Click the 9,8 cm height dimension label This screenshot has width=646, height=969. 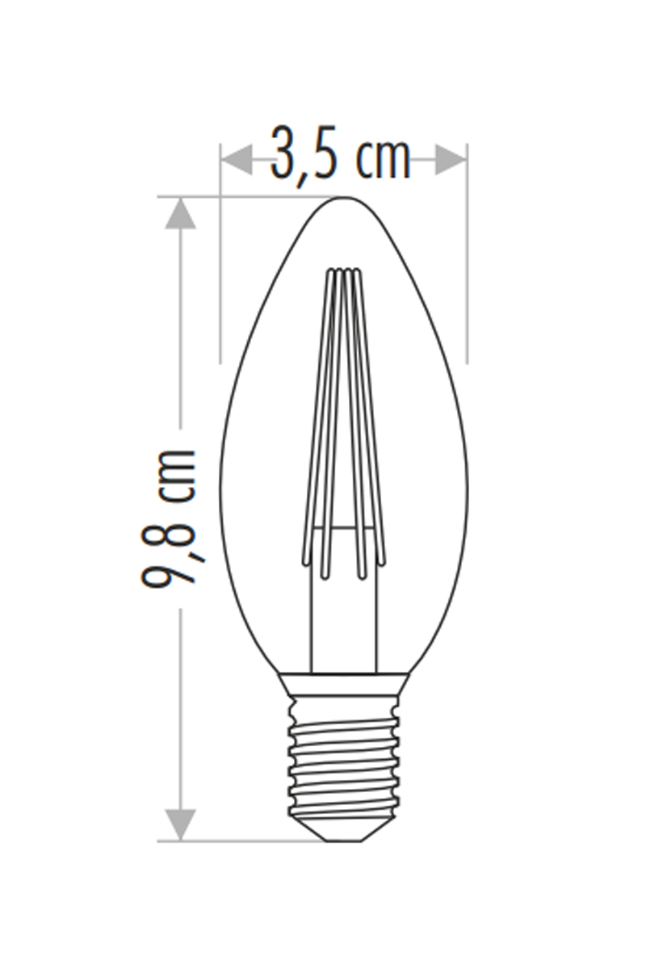click(x=171, y=517)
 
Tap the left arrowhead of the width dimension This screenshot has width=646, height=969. click(x=236, y=160)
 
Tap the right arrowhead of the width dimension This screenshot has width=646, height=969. click(x=451, y=160)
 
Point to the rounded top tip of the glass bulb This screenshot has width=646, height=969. click(x=344, y=199)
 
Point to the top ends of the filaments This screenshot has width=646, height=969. click(x=344, y=272)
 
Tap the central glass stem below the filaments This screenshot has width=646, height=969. click(x=344, y=614)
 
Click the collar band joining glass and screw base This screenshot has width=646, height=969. click(x=344, y=685)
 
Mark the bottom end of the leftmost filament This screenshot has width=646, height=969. click(x=305, y=562)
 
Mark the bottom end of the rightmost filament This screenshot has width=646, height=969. click(x=382, y=562)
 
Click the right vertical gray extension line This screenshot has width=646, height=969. click(x=467, y=266)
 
